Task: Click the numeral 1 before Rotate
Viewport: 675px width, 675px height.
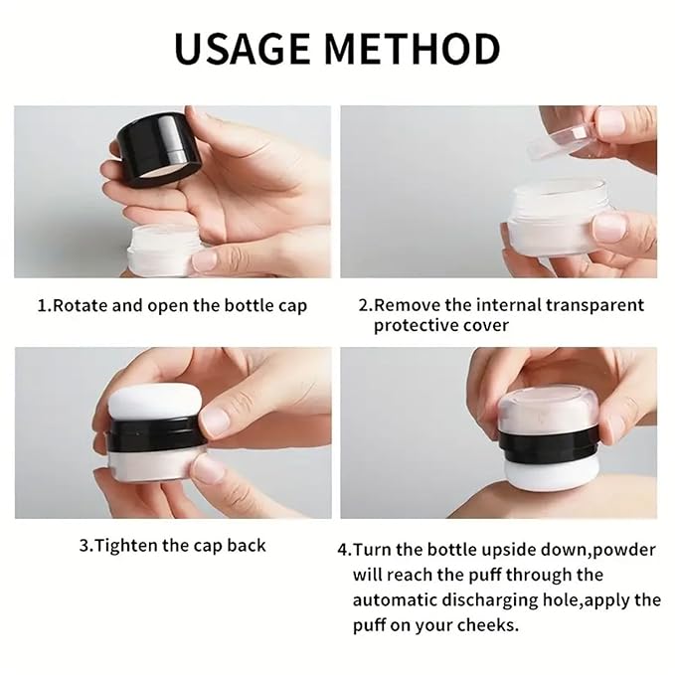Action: (42, 305)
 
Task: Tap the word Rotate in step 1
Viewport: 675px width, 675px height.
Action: (81, 305)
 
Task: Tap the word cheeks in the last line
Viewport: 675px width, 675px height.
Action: (492, 625)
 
